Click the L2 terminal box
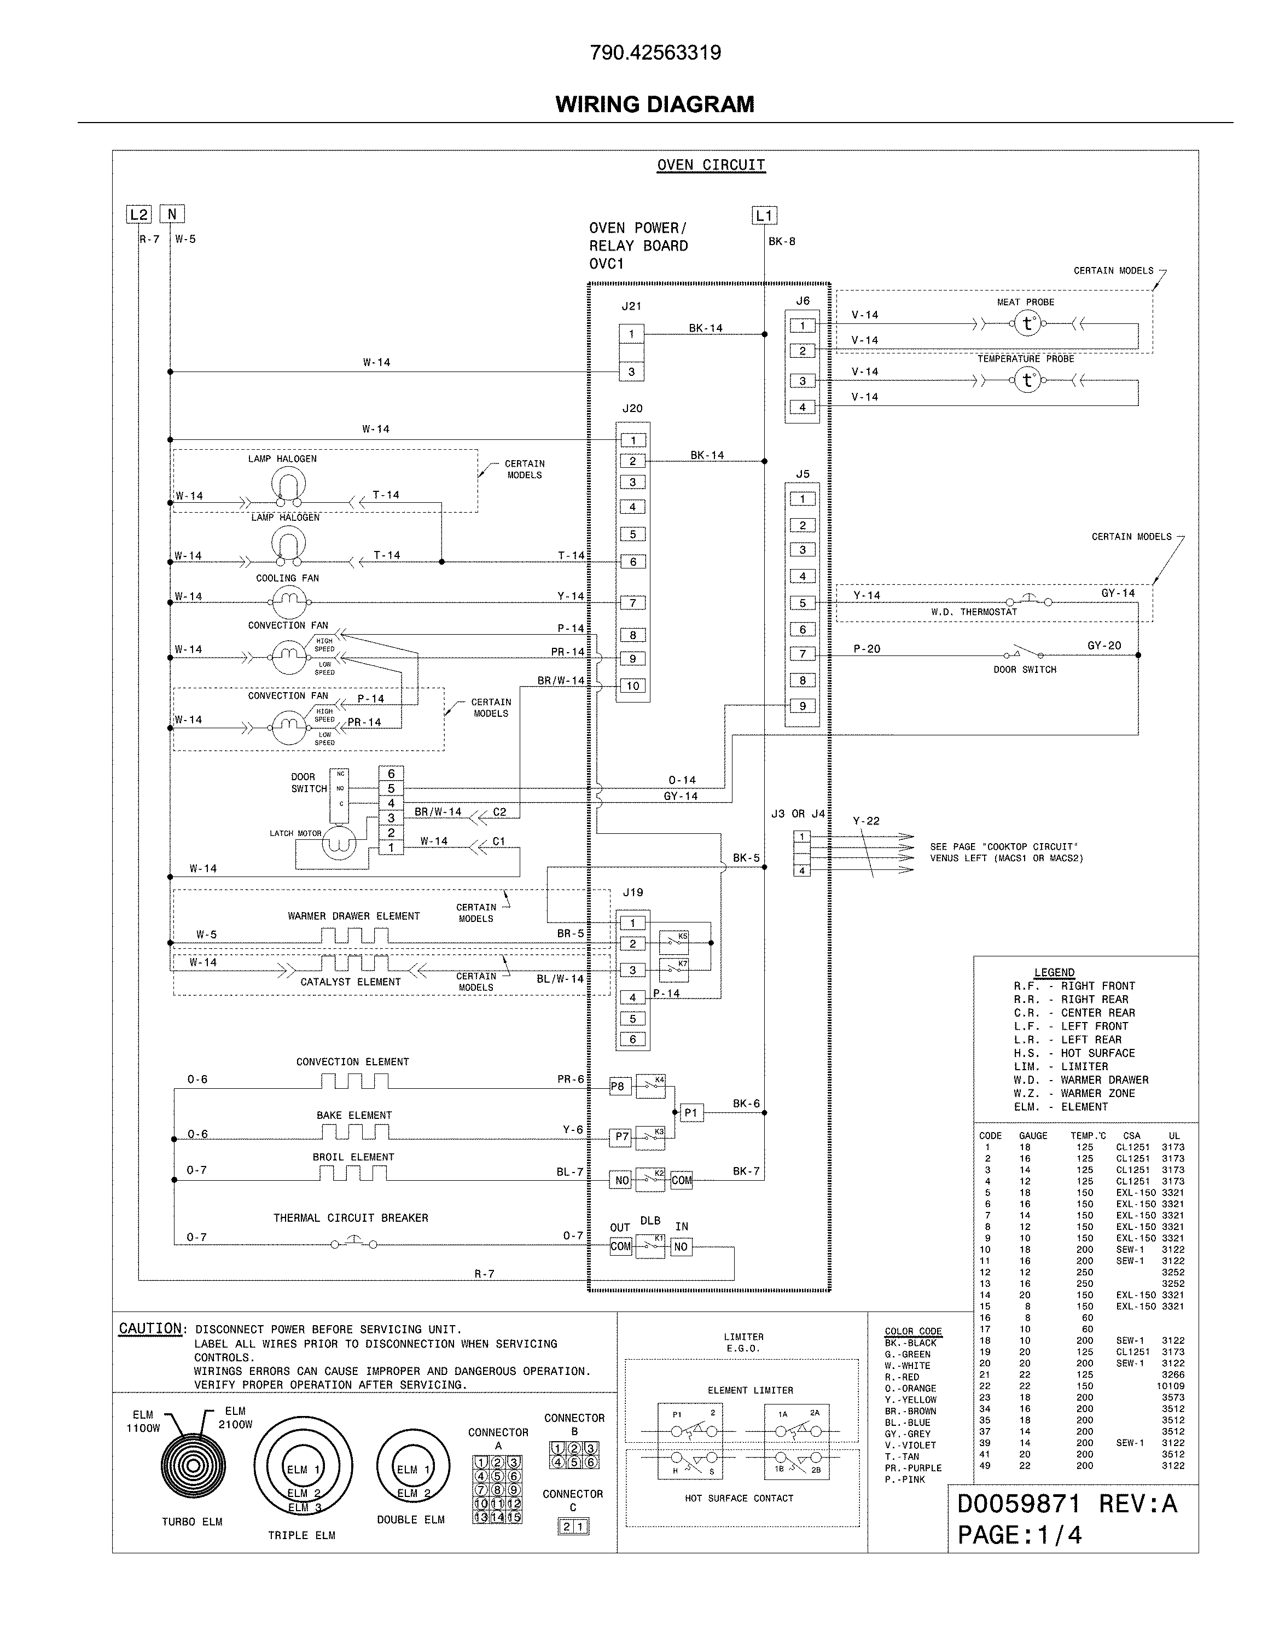(138, 214)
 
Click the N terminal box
(172, 214)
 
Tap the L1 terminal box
(764, 216)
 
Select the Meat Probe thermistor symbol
(1027, 324)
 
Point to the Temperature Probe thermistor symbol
(1027, 381)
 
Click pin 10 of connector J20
(633, 686)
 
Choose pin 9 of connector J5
(802, 706)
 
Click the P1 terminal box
(691, 1113)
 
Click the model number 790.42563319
(655, 53)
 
